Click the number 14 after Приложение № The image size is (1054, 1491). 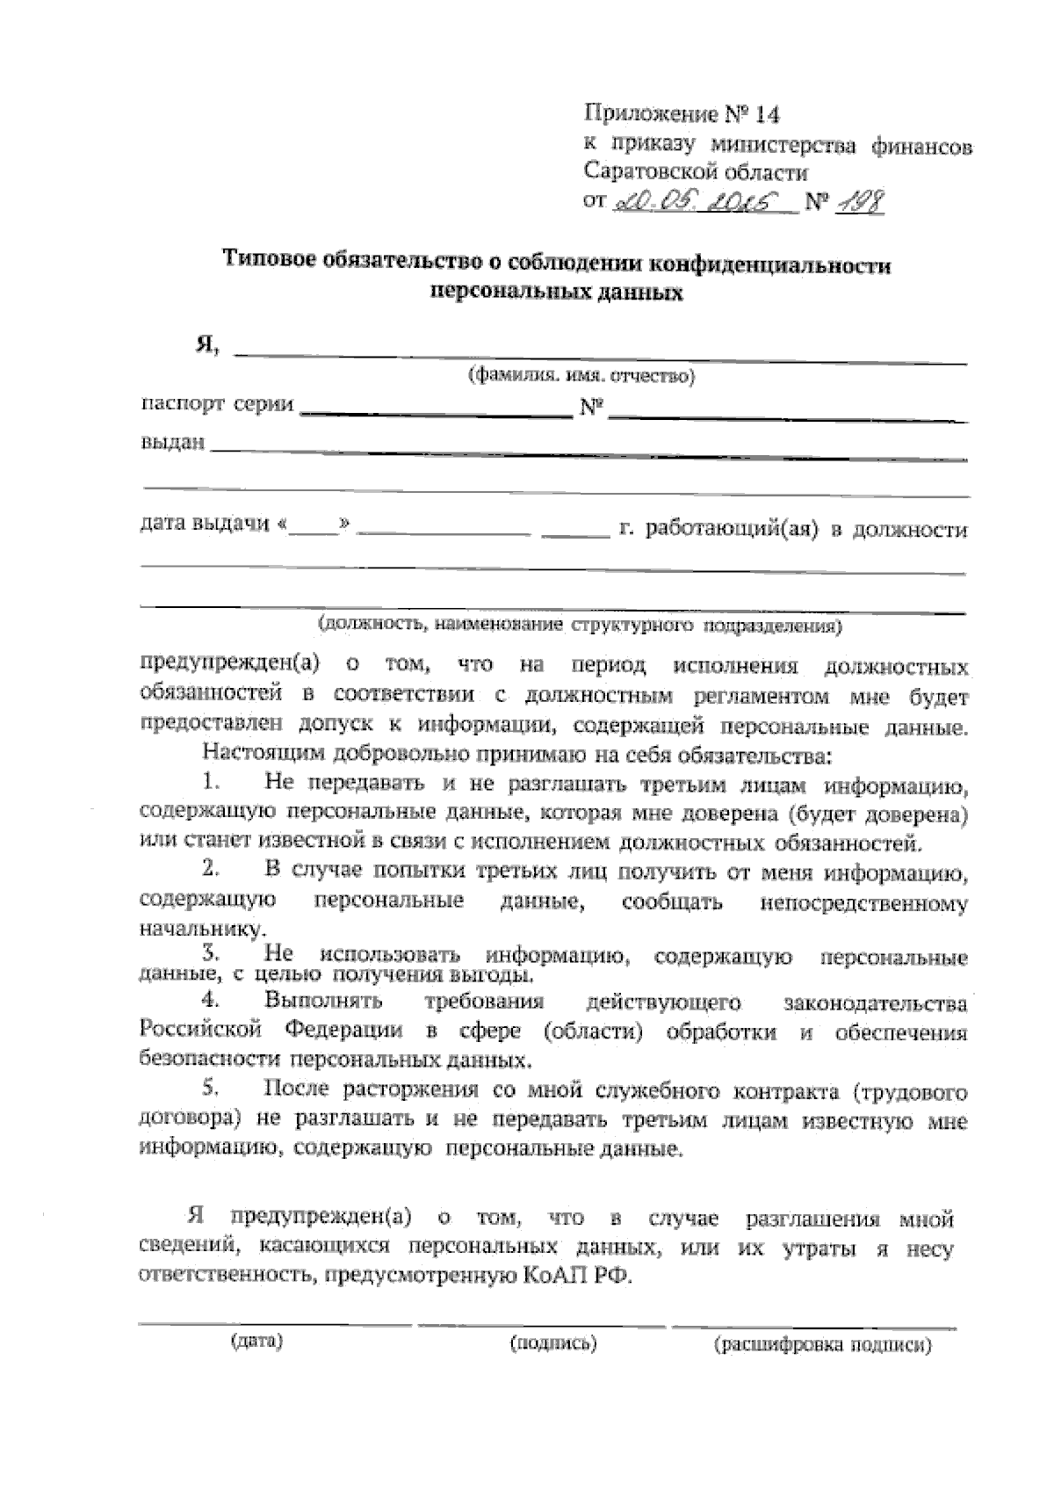[767, 114]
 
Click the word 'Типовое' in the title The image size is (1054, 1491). [266, 260]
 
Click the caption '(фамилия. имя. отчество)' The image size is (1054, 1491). [581, 377]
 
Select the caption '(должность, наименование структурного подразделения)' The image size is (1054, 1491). [580, 626]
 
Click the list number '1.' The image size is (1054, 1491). [210, 781]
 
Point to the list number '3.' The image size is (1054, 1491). [210, 952]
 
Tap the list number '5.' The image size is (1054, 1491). [210, 1089]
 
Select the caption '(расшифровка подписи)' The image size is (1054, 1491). [823, 1345]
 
